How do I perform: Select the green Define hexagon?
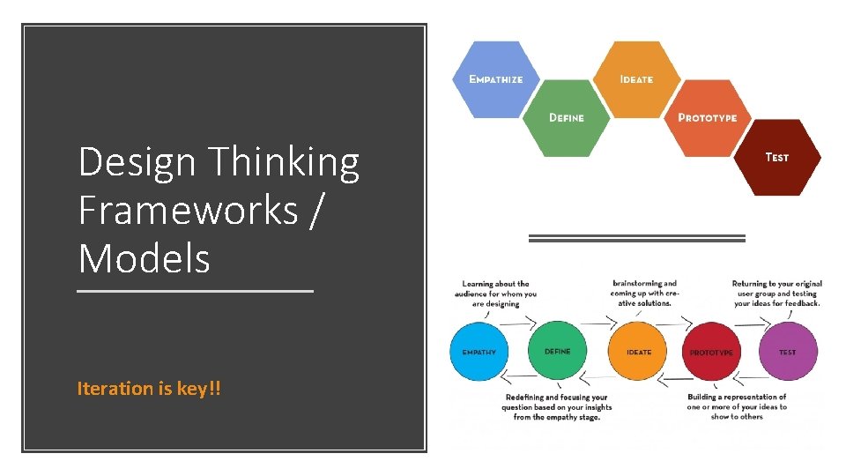pyautogui.click(x=567, y=118)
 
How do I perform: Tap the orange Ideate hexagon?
pyautogui.click(x=636, y=79)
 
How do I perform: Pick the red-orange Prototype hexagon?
pyautogui.click(x=708, y=117)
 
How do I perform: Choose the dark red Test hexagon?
pyautogui.click(x=777, y=157)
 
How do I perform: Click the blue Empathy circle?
pyautogui.click(x=479, y=352)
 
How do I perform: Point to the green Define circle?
pyautogui.click(x=557, y=351)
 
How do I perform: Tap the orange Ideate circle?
pyautogui.click(x=638, y=352)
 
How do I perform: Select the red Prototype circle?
pyautogui.click(x=712, y=352)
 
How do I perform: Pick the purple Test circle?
pyautogui.click(x=787, y=352)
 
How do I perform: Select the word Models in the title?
pyautogui.click(x=145, y=258)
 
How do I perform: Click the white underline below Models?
pyautogui.click(x=195, y=290)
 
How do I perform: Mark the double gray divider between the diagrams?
pyautogui.click(x=636, y=238)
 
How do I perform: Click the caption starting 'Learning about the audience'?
pyautogui.click(x=495, y=294)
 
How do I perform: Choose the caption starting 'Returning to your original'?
pyautogui.click(x=776, y=294)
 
